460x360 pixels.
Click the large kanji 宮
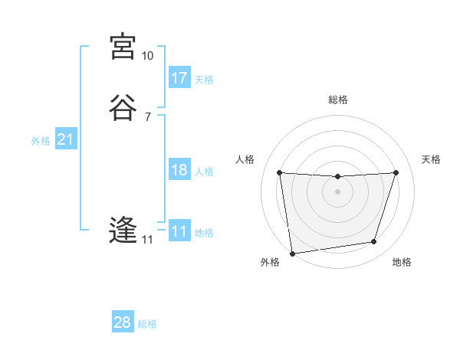click(123, 47)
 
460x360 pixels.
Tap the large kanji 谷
click(123, 108)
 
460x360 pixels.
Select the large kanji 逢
click(123, 231)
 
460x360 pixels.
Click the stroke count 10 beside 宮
click(147, 56)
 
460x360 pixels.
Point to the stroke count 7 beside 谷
click(147, 117)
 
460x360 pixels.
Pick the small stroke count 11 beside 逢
click(147, 240)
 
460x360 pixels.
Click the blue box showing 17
click(179, 78)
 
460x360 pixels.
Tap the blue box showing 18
click(179, 170)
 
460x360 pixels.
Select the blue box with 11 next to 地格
click(179, 231)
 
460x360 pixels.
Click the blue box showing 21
click(65, 139)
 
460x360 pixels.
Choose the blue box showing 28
click(123, 322)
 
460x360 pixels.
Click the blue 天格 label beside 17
click(204, 80)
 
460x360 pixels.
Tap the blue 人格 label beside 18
click(204, 172)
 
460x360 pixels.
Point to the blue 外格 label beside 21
click(41, 141)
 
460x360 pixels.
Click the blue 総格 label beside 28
click(147, 324)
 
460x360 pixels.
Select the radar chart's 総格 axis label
click(337, 100)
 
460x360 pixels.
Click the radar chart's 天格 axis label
click(432, 159)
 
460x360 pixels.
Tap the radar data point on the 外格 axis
click(292, 253)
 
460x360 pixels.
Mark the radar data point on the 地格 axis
click(374, 242)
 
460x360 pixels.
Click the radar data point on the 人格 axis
click(279, 172)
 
